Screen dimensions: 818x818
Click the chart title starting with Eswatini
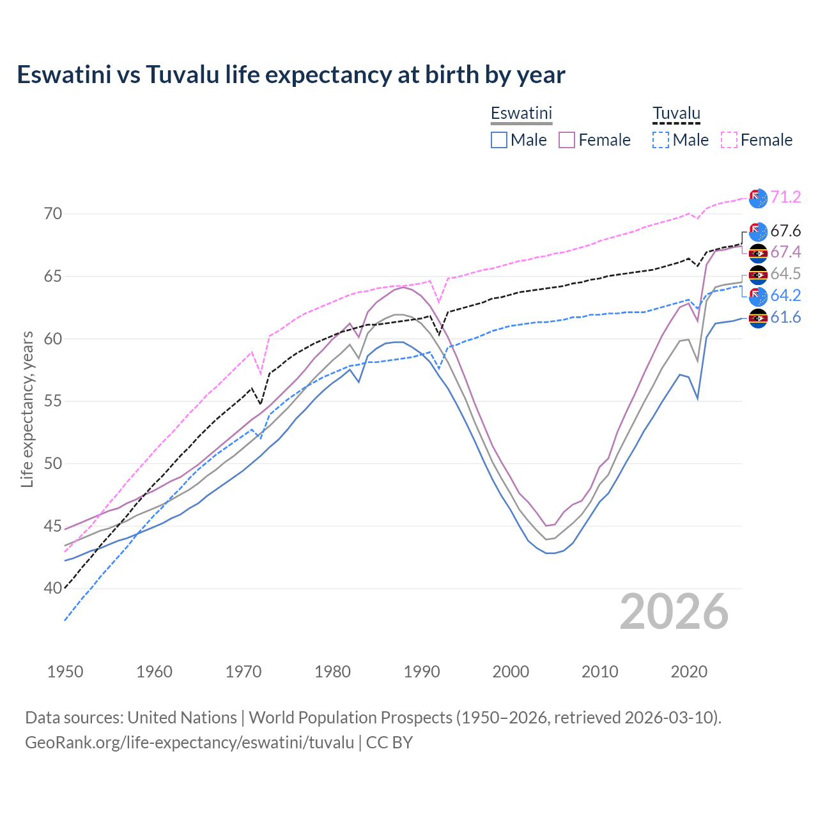click(291, 75)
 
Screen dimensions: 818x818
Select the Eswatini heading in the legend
click(521, 113)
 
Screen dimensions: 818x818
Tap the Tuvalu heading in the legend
click(676, 113)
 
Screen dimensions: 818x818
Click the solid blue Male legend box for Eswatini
click(499, 140)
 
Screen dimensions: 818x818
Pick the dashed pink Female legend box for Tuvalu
click(729, 140)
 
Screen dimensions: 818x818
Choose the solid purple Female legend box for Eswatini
click(567, 140)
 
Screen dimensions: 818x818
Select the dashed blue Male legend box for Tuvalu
click(661, 140)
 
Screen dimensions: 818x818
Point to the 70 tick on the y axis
click(53, 213)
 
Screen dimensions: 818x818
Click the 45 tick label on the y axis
click(53, 526)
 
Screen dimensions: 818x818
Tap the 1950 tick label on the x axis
click(65, 672)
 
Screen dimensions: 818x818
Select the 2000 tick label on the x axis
click(511, 672)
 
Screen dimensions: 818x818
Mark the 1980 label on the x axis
click(332, 672)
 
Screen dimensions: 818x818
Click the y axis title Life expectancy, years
click(27, 409)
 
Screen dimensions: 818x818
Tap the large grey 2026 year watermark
click(674, 612)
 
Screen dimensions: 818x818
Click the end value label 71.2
click(785, 197)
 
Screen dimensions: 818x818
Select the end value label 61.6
click(785, 317)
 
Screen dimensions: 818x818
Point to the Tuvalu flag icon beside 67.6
click(758, 231)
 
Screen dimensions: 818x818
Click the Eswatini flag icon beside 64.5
click(758, 275)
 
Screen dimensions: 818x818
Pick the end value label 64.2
click(785, 295)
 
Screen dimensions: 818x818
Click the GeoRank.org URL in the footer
click(189, 743)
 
